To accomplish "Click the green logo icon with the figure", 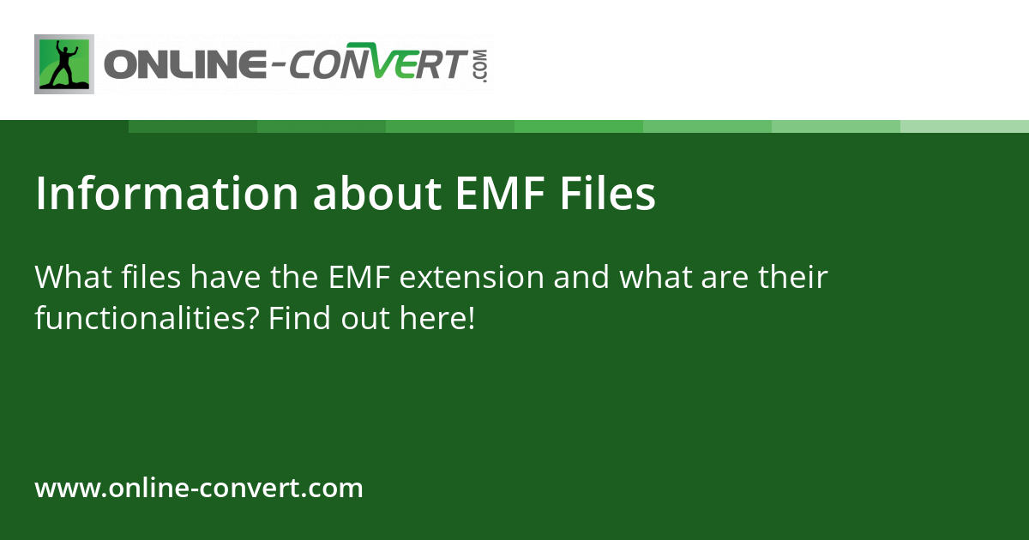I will click(64, 64).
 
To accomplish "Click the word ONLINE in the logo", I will click(183, 66).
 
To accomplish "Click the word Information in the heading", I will click(167, 195).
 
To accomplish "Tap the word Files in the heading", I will click(608, 195).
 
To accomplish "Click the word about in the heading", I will click(376, 195).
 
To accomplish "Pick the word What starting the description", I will click(71, 278).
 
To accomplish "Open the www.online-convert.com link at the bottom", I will click(199, 489).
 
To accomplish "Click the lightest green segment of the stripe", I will click(965, 126).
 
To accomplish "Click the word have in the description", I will click(226, 278).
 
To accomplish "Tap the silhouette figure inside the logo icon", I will click(63, 64).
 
